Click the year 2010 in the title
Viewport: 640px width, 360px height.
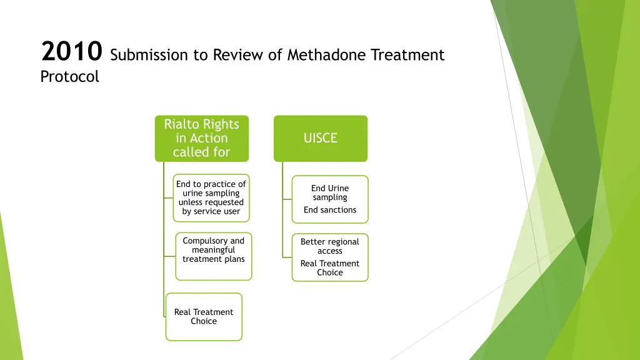click(71, 52)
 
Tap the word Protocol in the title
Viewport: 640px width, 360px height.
click(69, 77)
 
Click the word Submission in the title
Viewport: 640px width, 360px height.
click(149, 55)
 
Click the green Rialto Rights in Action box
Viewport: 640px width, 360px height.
click(201, 138)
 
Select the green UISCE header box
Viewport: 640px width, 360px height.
click(320, 138)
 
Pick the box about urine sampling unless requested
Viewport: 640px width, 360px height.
click(211, 198)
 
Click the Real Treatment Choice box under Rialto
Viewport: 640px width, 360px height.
click(204, 317)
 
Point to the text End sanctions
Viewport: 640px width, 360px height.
click(330, 210)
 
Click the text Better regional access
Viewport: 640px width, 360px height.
click(330, 246)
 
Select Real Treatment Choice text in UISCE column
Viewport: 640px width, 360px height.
click(330, 268)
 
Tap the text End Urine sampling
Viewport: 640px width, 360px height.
click(330, 192)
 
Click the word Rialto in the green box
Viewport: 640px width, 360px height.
click(180, 124)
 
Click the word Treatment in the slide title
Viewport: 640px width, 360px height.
click(407, 55)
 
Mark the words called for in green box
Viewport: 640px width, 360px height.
click(201, 152)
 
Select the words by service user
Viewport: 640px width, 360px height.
click(211, 211)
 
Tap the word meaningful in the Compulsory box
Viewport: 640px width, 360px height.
click(214, 250)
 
